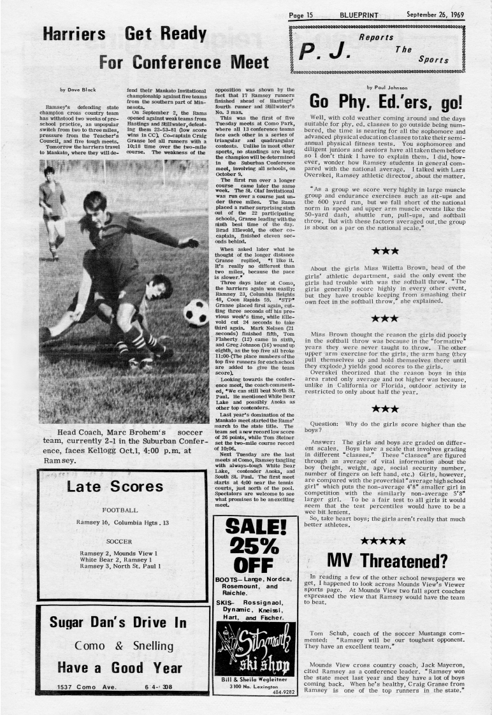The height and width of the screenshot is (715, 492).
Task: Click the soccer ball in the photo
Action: pos(195,313)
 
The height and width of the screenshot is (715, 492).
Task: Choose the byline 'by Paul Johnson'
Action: pos(386,87)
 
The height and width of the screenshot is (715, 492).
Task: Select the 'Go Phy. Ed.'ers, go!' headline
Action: pos(387,103)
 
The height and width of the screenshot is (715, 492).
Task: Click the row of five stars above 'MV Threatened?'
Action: pos(383,541)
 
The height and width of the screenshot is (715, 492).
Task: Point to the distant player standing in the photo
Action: pos(52,210)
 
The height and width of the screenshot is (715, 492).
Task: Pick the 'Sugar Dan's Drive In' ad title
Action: pos(118,622)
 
